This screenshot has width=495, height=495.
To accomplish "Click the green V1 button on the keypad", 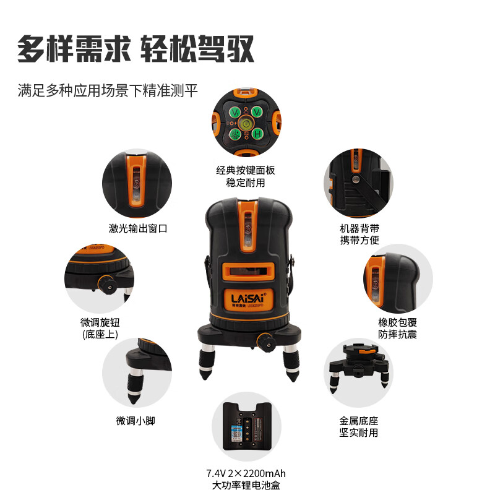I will click(x=236, y=112).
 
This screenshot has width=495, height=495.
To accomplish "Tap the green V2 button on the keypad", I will click(x=256, y=112).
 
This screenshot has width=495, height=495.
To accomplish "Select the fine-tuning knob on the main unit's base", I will click(x=266, y=341).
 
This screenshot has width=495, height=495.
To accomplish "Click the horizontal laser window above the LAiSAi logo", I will click(x=247, y=270).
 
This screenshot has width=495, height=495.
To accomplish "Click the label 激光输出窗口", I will click(x=138, y=228).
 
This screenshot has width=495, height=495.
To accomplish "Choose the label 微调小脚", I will click(x=135, y=421).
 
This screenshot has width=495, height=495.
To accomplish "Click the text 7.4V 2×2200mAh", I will click(x=246, y=473).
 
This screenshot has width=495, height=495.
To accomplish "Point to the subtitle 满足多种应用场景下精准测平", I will click(x=108, y=90).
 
